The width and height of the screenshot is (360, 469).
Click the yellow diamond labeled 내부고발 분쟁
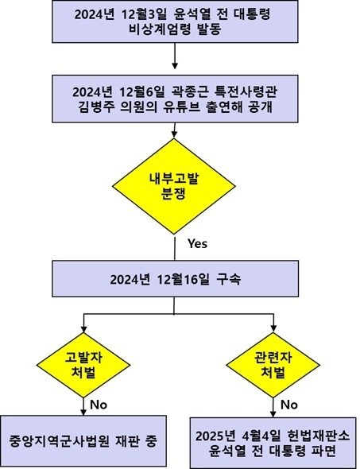(174, 186)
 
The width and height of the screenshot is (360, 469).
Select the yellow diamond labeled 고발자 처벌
(83, 365)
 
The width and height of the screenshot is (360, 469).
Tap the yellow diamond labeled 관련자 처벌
(273, 365)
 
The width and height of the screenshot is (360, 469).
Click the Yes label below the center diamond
(198, 244)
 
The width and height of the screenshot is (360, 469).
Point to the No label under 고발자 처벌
(99, 405)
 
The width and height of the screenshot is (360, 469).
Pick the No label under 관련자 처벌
(288, 405)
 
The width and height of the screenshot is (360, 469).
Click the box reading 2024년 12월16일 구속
(175, 279)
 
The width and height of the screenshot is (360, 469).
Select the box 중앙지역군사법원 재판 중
(83, 441)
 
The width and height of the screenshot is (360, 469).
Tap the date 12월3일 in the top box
(143, 14)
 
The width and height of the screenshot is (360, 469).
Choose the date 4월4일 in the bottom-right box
(262, 436)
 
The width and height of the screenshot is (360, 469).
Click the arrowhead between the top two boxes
(175, 66)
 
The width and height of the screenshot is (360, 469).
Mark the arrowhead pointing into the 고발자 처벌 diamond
(83, 329)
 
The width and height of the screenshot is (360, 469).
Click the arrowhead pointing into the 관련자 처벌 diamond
(273, 329)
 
